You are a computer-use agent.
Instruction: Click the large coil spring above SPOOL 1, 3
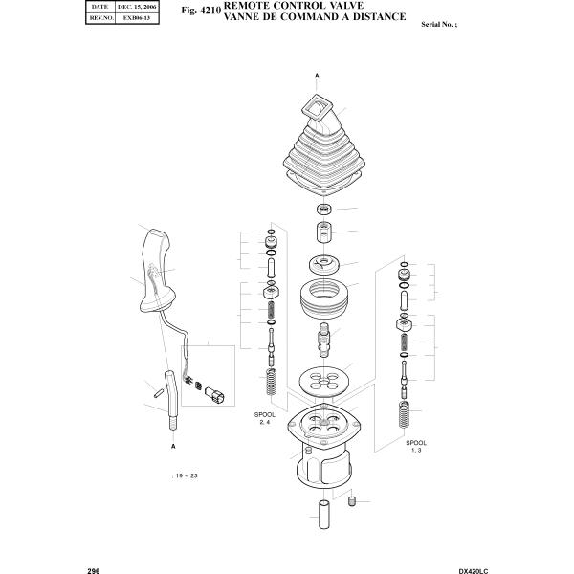click(404, 417)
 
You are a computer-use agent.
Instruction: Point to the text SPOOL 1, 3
click(415, 447)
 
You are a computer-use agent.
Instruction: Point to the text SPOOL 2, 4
click(265, 418)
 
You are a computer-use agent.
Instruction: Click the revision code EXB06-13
click(137, 17)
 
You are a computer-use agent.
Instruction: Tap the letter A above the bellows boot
click(317, 75)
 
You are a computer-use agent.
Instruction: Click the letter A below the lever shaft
click(173, 447)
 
